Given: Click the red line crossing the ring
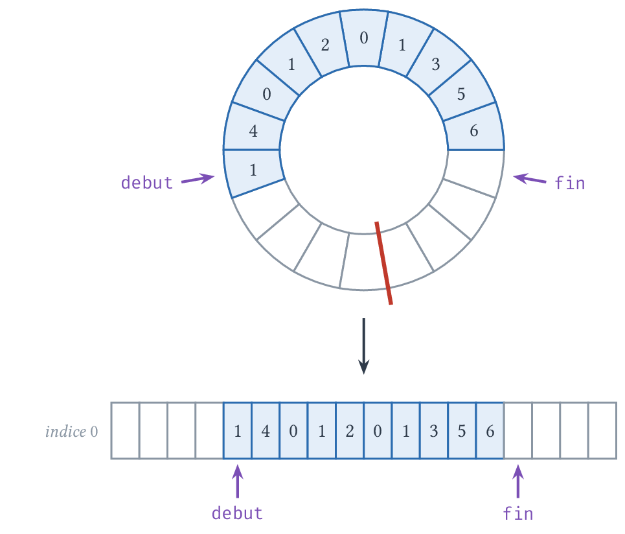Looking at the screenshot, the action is click(x=383, y=263).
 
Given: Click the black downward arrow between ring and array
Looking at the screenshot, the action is click(x=363, y=346).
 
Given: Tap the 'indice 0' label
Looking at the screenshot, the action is click(x=72, y=432).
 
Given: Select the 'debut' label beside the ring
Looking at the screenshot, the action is click(x=146, y=183).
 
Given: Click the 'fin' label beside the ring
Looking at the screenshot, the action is click(x=569, y=183).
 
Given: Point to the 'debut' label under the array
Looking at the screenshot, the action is click(x=237, y=513).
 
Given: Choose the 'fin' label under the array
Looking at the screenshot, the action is click(x=517, y=513).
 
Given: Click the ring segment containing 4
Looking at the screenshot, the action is click(x=253, y=130).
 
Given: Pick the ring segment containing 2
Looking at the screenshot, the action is click(x=324, y=45).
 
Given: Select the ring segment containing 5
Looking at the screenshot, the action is click(x=461, y=94).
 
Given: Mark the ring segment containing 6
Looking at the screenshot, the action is click(x=474, y=130).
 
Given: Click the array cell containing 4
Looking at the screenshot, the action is click(x=266, y=431).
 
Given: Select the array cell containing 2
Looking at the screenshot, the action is click(x=350, y=431).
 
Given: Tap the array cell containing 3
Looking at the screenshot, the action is click(x=434, y=431).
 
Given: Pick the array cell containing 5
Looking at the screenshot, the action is click(x=462, y=431).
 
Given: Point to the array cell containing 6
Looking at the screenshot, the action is click(x=490, y=431).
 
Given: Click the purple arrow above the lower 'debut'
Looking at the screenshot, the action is click(x=238, y=482).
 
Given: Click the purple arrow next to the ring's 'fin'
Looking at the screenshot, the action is click(x=529, y=178).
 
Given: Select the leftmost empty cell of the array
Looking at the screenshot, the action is click(x=125, y=431).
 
